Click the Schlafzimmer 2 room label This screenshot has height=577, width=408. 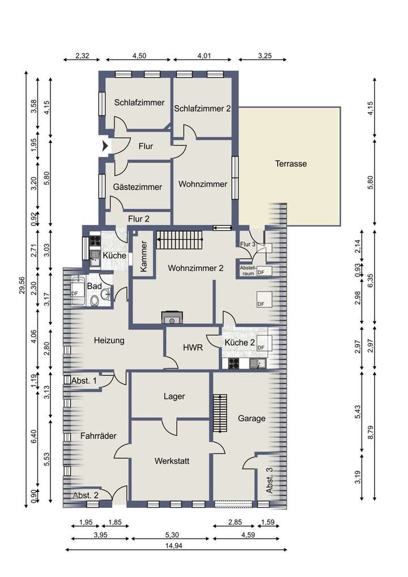point(202,109)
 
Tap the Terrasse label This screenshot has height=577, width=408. point(291,164)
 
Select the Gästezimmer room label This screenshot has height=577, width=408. point(138,187)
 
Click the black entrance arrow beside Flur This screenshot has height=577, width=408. point(105,146)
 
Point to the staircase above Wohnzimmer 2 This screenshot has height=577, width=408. point(180,240)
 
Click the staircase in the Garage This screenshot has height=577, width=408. point(220,413)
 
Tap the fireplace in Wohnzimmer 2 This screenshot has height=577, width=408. point(172,317)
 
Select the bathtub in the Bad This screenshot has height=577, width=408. point(78,291)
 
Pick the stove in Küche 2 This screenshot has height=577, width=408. point(233,363)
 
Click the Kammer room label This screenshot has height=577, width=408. point(143,256)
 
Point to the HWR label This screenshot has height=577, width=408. point(193,347)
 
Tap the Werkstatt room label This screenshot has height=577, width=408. point(172,461)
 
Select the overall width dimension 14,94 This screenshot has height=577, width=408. point(173,546)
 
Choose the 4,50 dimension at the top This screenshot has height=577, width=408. point(139,56)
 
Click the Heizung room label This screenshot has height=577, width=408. point(109,341)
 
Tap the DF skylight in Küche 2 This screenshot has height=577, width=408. point(265,343)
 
